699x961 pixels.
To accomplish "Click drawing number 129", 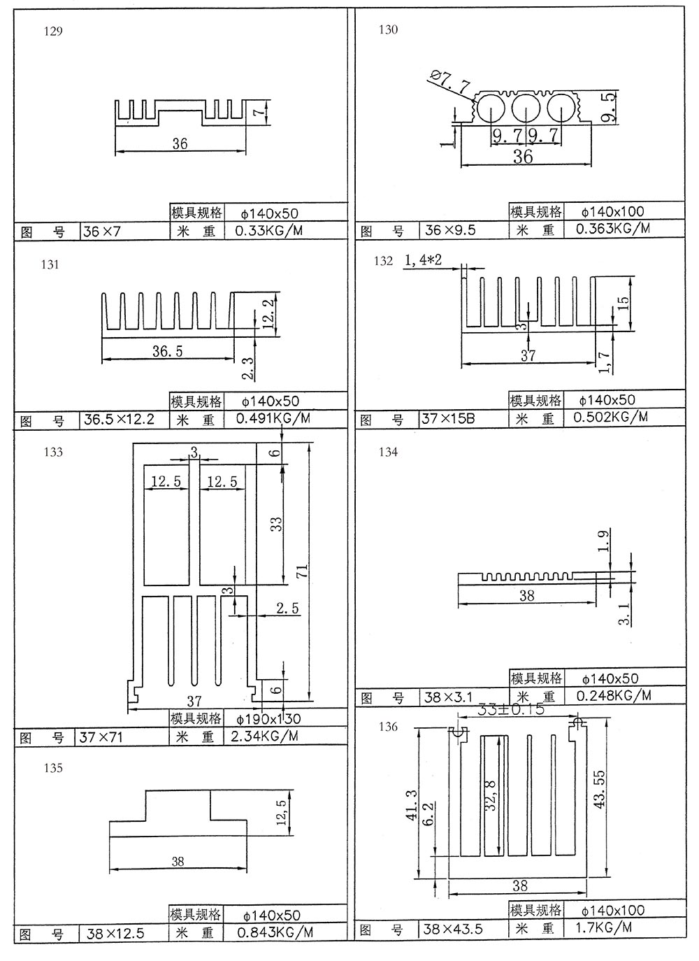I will pos(53,32).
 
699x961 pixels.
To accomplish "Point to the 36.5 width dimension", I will pos(168,351).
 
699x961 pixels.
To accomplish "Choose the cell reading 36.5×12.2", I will pos(119,420).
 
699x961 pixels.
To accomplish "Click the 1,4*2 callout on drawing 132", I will pos(423,260).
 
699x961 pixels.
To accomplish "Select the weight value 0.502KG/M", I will pos(610,418).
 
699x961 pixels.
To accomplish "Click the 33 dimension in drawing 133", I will pos(277,524).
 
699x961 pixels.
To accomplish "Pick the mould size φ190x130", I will pos(269,719).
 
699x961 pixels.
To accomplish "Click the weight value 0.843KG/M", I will pos(275,932).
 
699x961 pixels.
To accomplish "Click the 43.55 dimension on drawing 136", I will pos(600,790).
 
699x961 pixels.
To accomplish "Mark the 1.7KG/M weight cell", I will pos(603,928).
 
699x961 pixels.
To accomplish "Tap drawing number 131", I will pos(50,264).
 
